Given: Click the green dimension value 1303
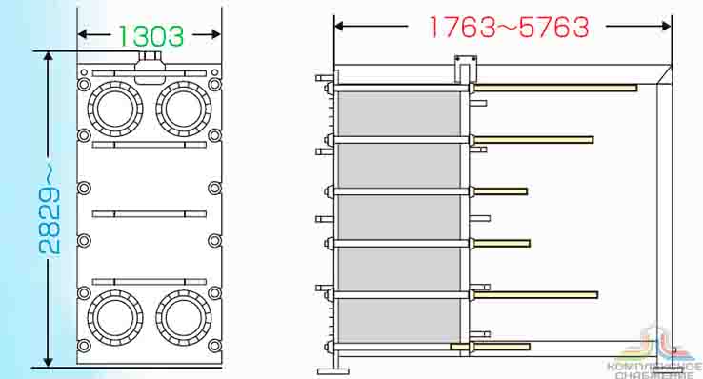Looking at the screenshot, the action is [x=151, y=36].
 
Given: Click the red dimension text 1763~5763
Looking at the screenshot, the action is [x=509, y=27].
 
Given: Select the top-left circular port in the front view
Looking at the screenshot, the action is [x=115, y=109].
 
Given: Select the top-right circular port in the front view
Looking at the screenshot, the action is [x=184, y=109].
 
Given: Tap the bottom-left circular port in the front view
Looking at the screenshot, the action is [x=115, y=317].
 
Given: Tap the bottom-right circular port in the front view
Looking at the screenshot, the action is [x=184, y=317].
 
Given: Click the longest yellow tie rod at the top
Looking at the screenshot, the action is [x=555, y=88].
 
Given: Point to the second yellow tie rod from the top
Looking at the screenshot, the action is [x=533, y=140].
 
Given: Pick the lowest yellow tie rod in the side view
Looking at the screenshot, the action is [x=491, y=347].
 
